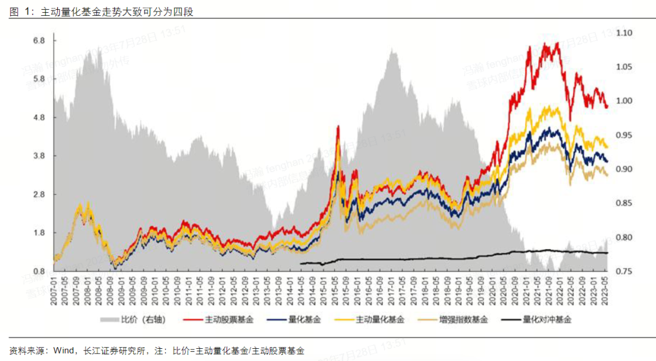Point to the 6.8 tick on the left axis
coord(39,41)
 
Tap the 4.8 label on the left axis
coord(39,118)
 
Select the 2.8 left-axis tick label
coord(39,194)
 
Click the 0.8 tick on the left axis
coord(39,271)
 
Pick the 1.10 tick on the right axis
coord(624,33)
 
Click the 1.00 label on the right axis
coord(624,101)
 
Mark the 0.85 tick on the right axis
coord(624,204)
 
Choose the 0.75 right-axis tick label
coord(624,272)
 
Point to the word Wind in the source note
coord(64,351)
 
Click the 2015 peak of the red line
coord(338,126)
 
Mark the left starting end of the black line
coord(301,263)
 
